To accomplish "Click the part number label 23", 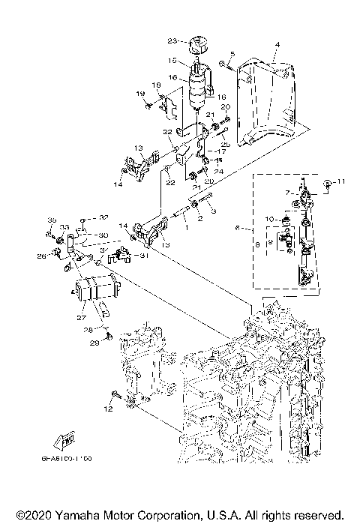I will click(x=171, y=40).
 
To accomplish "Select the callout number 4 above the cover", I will click(x=277, y=46).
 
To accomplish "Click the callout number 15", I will click(x=172, y=60).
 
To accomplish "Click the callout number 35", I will click(x=52, y=220).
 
